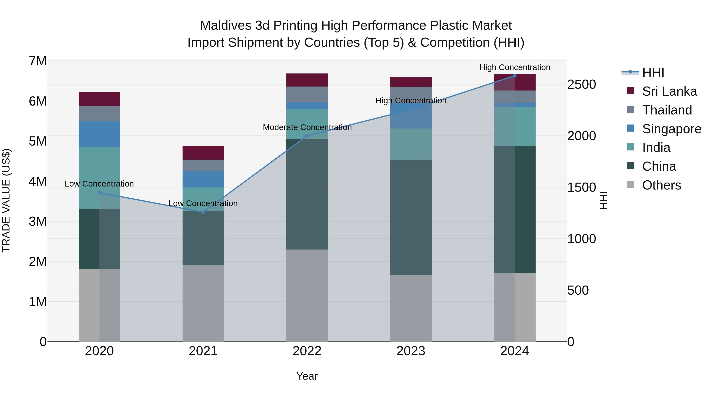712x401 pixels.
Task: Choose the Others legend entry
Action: click(x=661, y=185)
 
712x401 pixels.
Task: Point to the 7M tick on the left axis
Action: click(x=38, y=61)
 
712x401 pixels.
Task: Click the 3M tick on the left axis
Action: click(x=38, y=221)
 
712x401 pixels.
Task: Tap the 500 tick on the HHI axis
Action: click(x=578, y=290)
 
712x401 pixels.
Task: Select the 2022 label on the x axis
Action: click(x=307, y=351)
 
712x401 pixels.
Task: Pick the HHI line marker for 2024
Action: click(x=515, y=76)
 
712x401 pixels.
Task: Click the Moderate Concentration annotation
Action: click(x=307, y=128)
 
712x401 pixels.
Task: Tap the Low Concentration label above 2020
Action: click(x=99, y=184)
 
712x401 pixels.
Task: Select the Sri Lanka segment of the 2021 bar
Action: click(x=203, y=153)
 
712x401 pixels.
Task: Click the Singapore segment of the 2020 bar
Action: click(x=99, y=134)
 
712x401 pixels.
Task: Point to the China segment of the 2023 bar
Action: click(x=411, y=217)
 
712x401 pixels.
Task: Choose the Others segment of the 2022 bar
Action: click(x=307, y=295)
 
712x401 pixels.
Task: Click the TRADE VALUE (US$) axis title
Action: click(x=6, y=200)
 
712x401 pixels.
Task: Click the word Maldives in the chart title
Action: click(x=225, y=26)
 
